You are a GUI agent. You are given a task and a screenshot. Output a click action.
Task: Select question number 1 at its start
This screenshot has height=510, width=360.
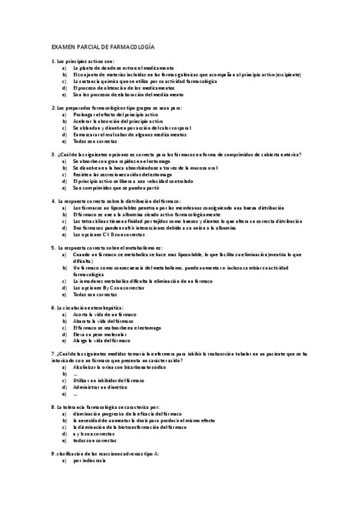click(x=53, y=61)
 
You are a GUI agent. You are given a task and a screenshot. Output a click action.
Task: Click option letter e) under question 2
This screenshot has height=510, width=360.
click(x=64, y=141)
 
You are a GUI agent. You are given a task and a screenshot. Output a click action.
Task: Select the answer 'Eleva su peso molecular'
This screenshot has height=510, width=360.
click(x=99, y=334)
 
